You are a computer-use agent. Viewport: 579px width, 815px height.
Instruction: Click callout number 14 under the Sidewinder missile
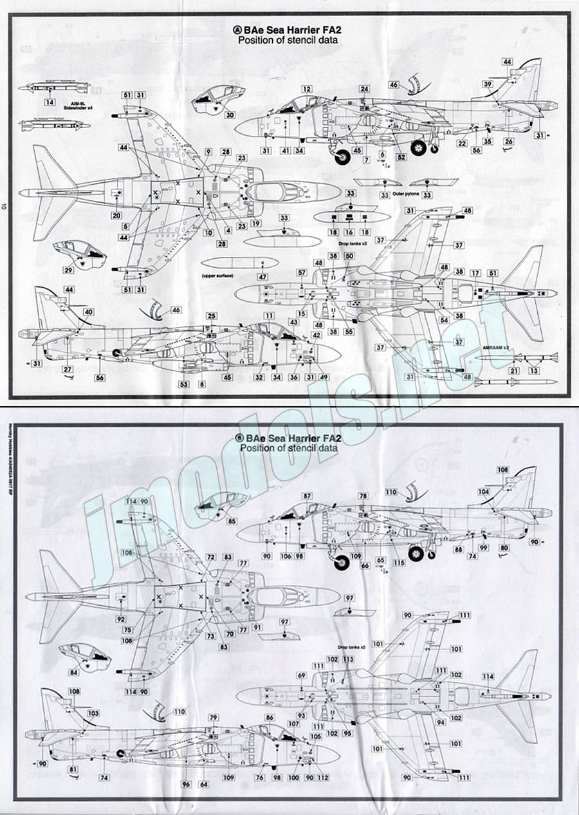49,102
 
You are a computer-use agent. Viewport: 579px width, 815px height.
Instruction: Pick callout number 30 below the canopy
230,116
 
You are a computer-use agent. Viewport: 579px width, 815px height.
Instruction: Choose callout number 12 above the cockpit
307,89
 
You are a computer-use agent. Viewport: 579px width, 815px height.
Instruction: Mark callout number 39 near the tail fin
488,84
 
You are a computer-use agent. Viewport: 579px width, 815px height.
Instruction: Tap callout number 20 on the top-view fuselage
116,216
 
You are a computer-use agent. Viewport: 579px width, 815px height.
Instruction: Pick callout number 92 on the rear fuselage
120,619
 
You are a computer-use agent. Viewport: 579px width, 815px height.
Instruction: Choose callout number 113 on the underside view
348,660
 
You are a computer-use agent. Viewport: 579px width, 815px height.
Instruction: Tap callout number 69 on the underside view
301,675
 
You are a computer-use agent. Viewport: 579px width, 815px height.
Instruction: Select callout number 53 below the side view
184,384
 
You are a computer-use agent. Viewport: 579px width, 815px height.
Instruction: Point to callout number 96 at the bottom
187,784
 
